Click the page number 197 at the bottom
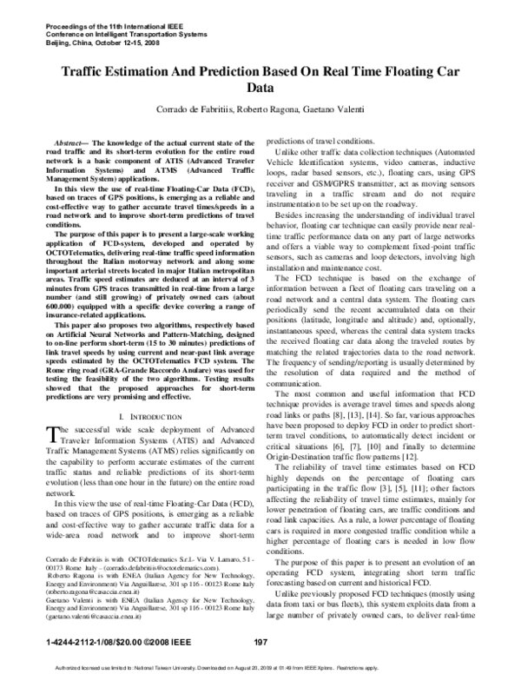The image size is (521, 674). (259, 642)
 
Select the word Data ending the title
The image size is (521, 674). (260, 89)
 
